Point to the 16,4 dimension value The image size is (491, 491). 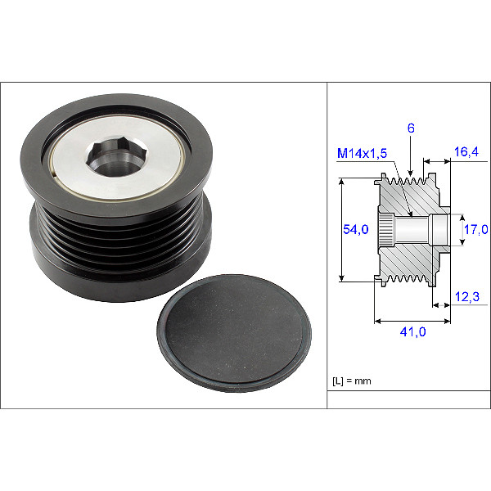[466, 153]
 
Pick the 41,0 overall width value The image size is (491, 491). [412, 331]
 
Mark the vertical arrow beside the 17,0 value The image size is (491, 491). [458, 229]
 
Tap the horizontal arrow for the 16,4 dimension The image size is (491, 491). [435, 161]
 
